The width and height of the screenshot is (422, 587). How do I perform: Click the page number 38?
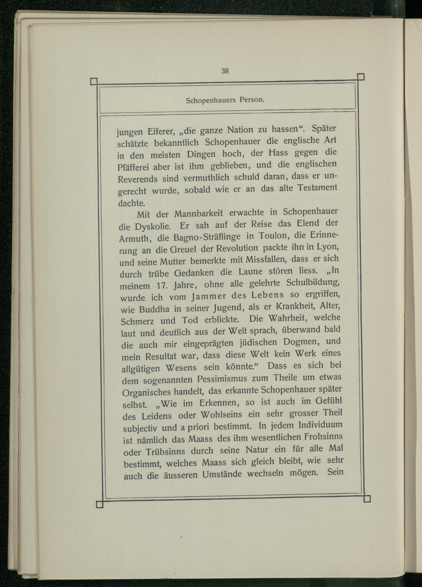pyautogui.click(x=225, y=71)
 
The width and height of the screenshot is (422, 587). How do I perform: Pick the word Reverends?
pyautogui.click(x=138, y=179)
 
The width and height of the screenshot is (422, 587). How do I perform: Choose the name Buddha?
pyautogui.click(x=154, y=309)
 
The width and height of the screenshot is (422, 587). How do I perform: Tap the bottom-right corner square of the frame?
pyautogui.click(x=367, y=499)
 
